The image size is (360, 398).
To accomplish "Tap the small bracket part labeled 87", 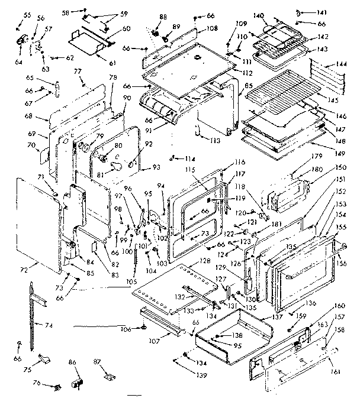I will click(x=108, y=375).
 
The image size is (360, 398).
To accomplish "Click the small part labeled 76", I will click(x=58, y=387).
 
